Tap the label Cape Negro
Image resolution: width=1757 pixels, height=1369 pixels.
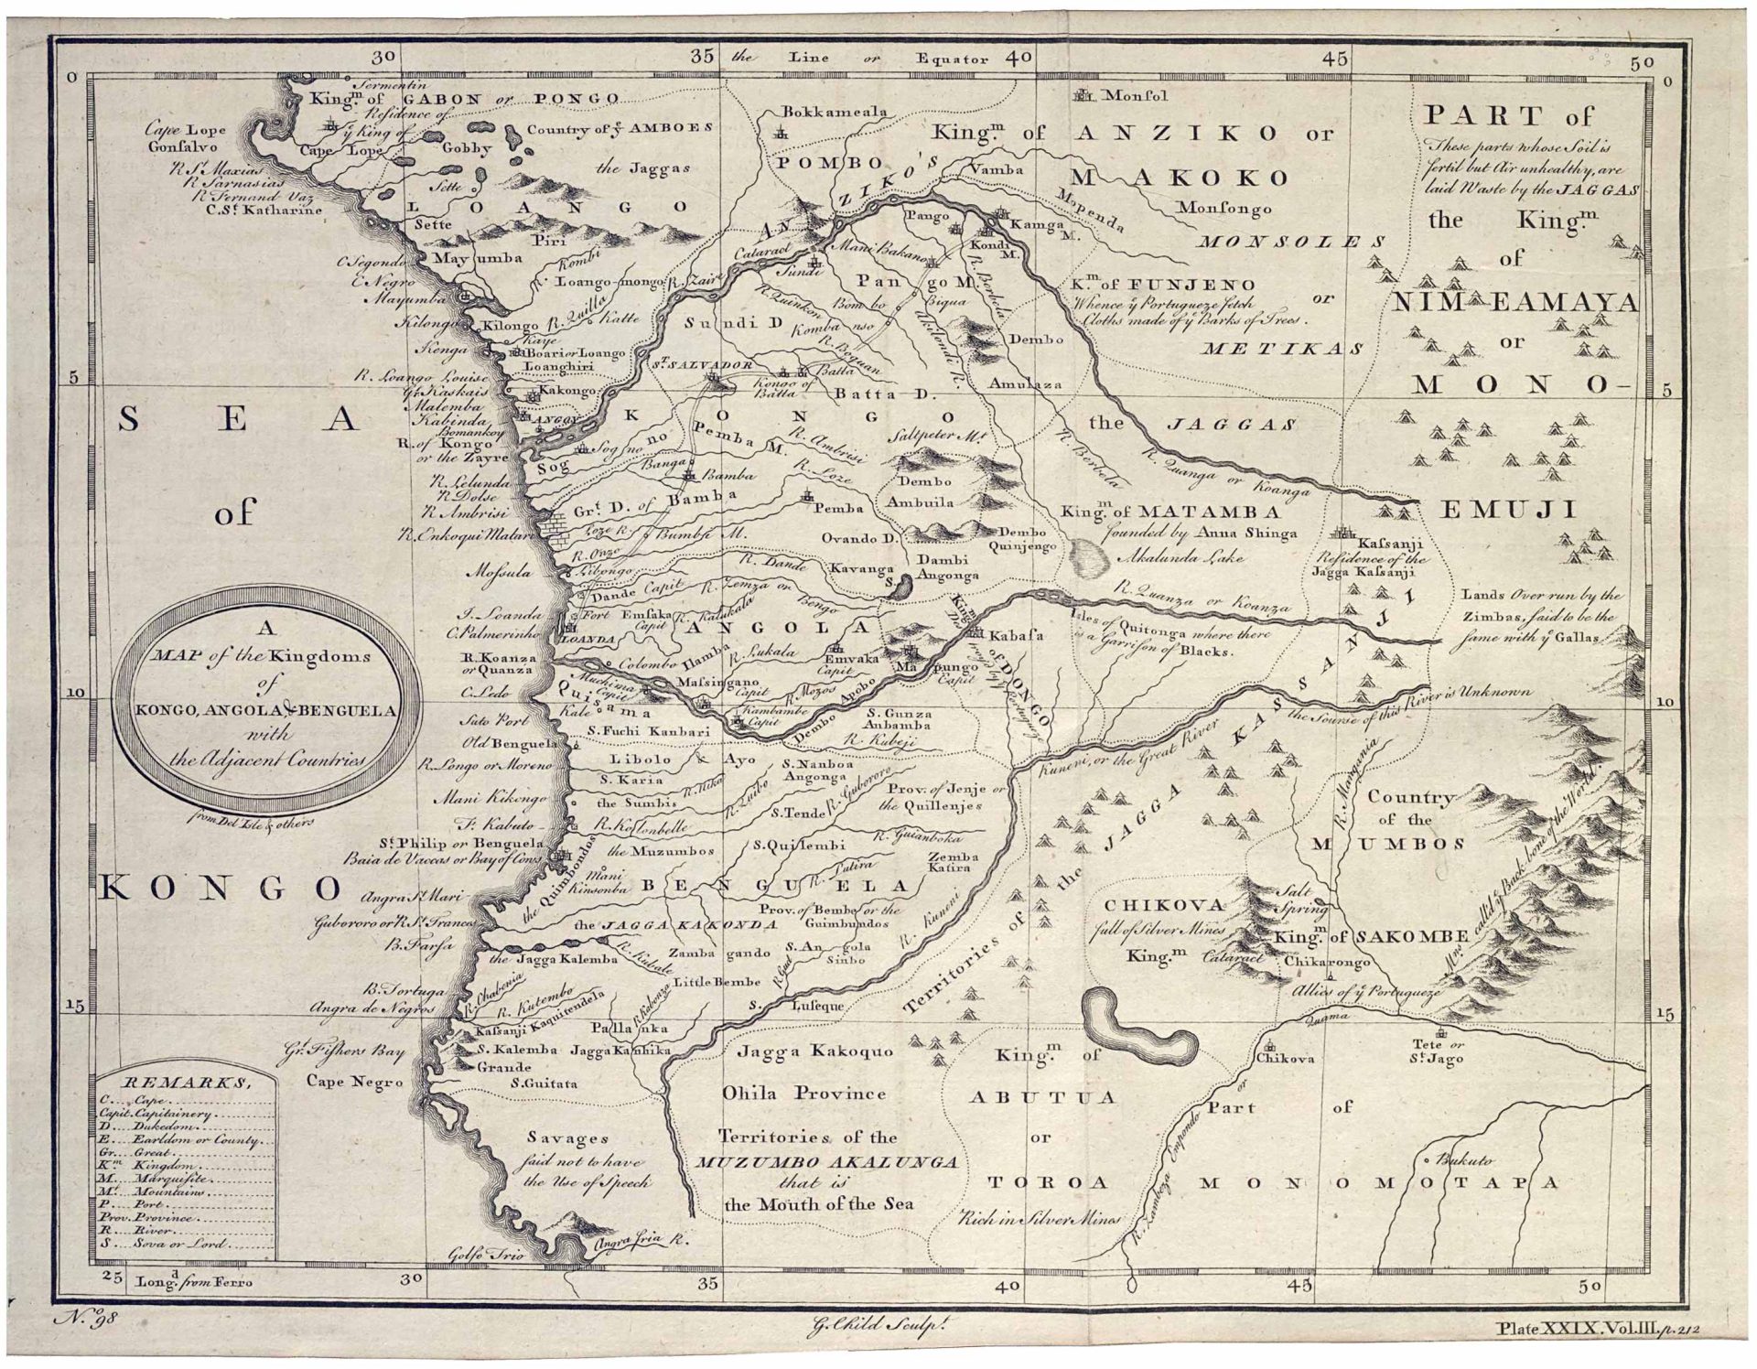tap(355, 1082)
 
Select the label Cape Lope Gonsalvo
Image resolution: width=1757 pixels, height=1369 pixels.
tap(186, 137)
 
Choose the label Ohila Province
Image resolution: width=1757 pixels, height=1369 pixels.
tap(803, 1093)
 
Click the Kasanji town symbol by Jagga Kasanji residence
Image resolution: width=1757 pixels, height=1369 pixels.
tap(1343, 532)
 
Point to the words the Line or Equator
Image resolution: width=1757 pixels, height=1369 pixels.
tap(860, 58)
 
